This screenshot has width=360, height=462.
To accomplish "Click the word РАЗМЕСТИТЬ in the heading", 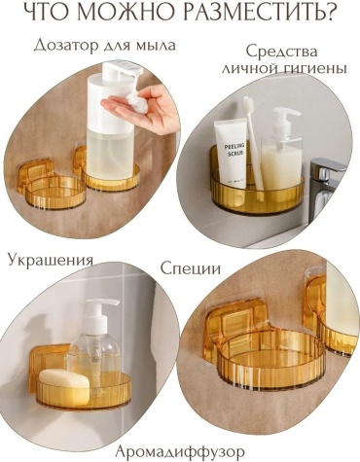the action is pyautogui.click(x=260, y=14).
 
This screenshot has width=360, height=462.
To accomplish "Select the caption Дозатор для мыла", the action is pyautogui.click(x=104, y=45).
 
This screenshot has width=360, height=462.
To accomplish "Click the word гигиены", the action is pyautogui.click(x=311, y=68).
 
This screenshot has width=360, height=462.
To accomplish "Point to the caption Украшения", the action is pyautogui.click(x=51, y=261).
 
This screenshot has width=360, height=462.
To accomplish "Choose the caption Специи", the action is pyautogui.click(x=191, y=268).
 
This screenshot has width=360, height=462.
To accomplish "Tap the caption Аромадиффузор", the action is pyautogui.click(x=180, y=451).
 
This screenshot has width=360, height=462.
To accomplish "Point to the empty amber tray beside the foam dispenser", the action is pyautogui.click(x=52, y=185).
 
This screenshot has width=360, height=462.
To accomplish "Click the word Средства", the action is pyautogui.click(x=281, y=52).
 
